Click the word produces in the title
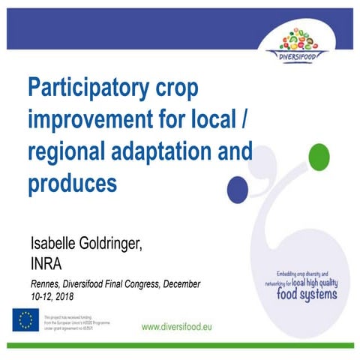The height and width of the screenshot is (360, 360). (72, 181)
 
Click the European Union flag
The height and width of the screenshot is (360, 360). (25, 320)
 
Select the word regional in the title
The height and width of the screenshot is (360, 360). (68, 150)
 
